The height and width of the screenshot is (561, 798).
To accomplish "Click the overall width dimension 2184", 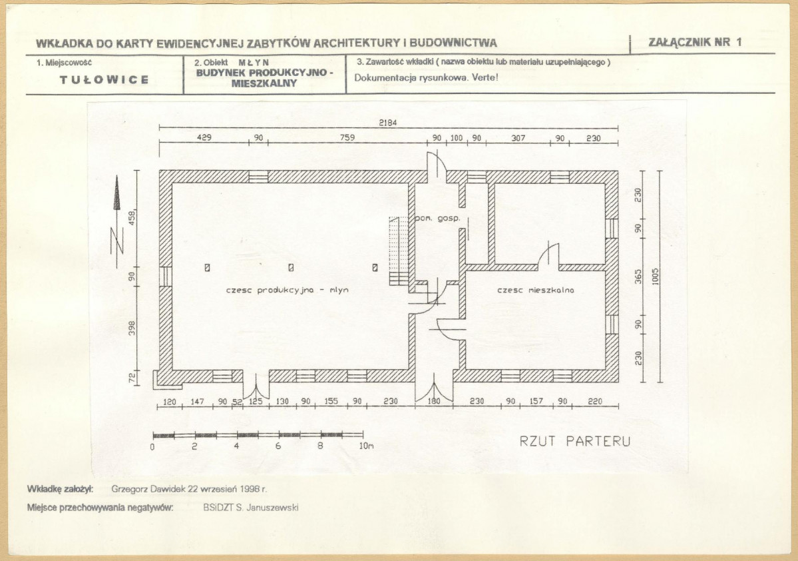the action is click(x=388, y=123).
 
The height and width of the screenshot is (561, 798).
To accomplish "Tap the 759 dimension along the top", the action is click(x=347, y=137).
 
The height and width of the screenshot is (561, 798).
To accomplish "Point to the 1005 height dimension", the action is click(x=655, y=277).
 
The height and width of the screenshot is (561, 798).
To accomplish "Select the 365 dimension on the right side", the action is click(x=638, y=277).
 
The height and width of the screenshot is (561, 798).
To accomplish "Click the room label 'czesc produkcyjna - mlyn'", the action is click(x=287, y=290).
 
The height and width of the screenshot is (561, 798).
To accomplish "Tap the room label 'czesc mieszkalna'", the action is click(x=535, y=290).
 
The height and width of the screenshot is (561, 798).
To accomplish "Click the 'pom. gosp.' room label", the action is click(x=438, y=219).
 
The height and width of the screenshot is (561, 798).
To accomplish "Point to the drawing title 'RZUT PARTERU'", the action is click(x=574, y=441).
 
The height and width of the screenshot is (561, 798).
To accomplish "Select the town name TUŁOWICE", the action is click(x=104, y=79).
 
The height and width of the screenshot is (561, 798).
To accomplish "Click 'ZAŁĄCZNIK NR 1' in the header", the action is click(x=696, y=42).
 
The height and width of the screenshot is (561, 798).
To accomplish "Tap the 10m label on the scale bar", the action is click(x=367, y=446).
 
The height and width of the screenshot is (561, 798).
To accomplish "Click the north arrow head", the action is click(x=117, y=193).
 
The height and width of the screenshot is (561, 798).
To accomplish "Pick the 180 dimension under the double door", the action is click(x=433, y=401).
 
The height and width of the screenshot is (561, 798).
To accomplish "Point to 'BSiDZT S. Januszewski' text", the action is click(x=250, y=508).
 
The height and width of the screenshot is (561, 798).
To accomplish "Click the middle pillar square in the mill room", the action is click(x=291, y=267).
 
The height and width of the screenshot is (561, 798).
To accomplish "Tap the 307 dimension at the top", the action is click(x=518, y=137).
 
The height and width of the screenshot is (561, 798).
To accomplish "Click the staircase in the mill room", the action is click(x=399, y=251).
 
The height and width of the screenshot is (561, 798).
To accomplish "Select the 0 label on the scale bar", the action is click(x=152, y=447).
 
